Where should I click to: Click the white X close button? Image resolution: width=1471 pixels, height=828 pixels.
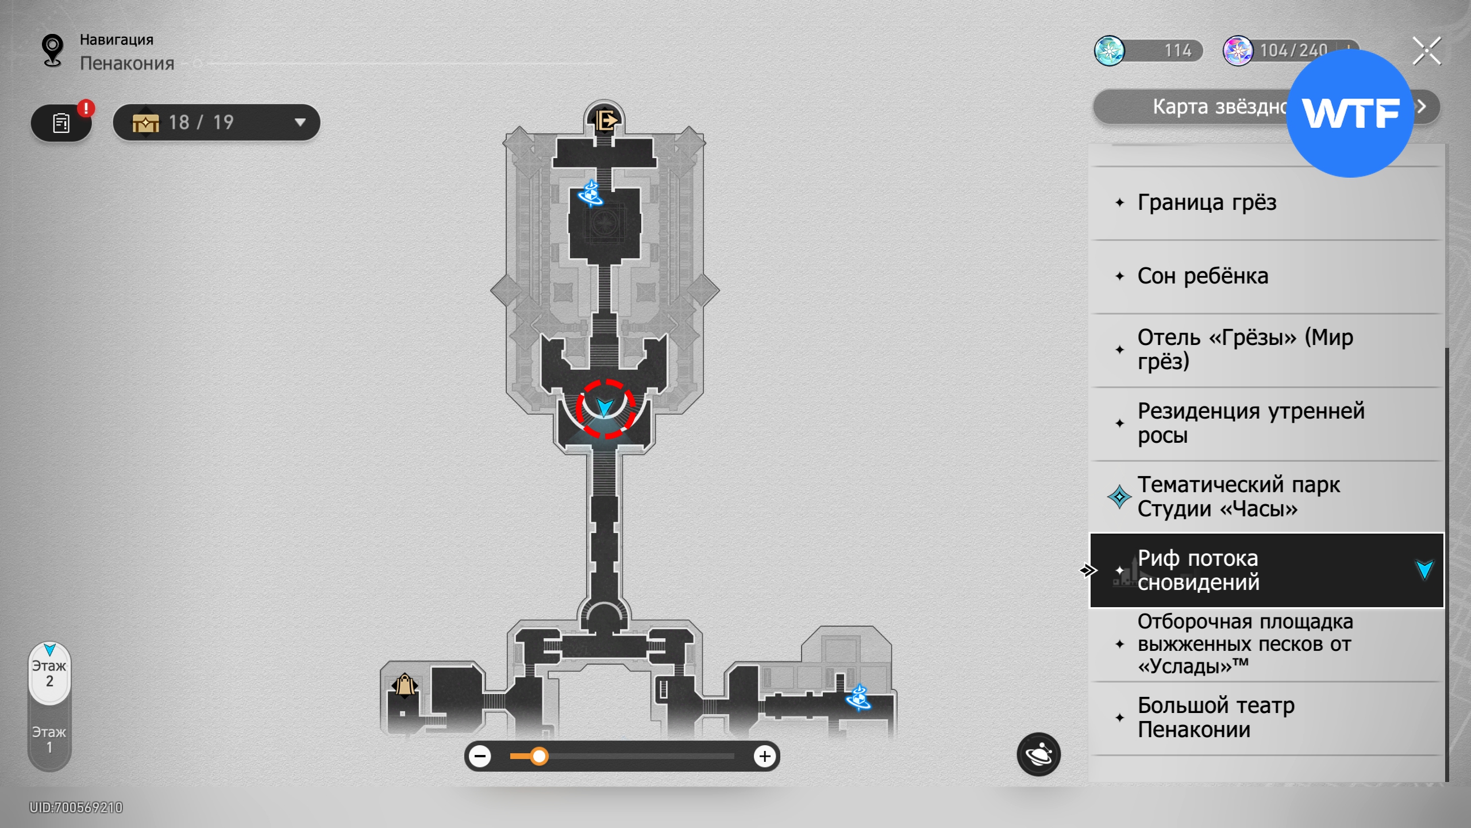click(1427, 51)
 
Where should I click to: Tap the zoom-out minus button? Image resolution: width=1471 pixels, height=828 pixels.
click(480, 756)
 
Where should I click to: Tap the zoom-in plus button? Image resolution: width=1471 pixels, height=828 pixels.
click(765, 756)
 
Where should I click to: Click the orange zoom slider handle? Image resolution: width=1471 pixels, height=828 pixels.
click(539, 756)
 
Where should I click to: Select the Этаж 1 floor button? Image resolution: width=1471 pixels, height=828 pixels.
click(49, 739)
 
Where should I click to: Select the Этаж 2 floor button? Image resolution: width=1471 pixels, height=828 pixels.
click(49, 673)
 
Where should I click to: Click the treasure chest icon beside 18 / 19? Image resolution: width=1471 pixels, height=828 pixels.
click(146, 122)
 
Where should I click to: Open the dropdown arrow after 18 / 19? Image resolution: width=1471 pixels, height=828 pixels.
click(300, 122)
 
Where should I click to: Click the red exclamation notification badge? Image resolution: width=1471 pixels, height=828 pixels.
click(86, 108)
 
